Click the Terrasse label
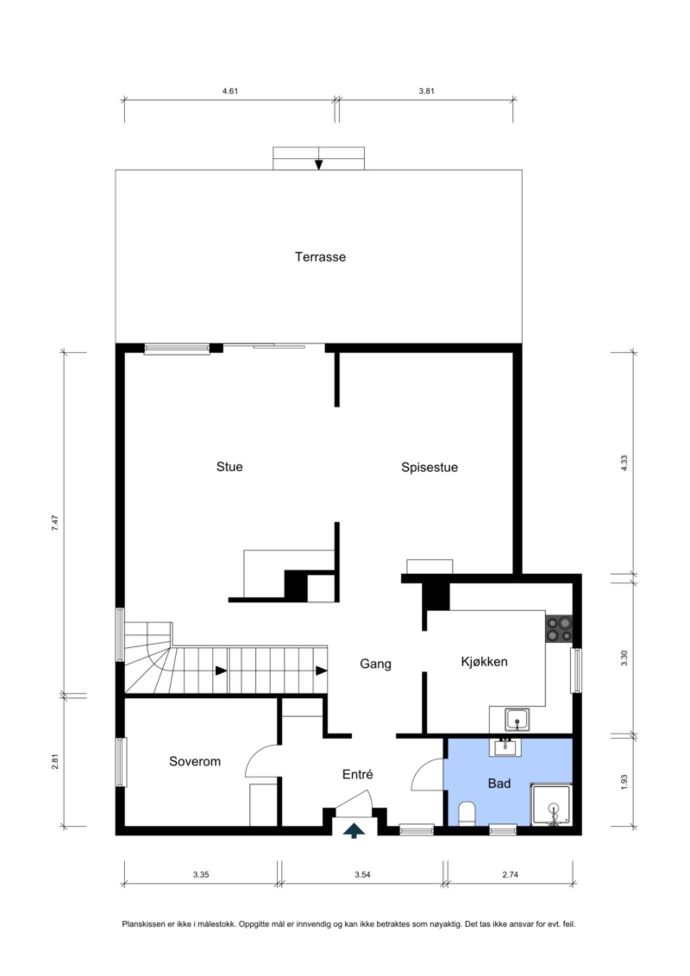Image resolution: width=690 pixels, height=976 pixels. click(320, 256)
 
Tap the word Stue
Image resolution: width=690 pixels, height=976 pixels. click(229, 467)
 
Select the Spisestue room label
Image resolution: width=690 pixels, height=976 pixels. click(429, 467)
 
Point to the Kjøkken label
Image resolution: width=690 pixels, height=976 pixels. click(484, 662)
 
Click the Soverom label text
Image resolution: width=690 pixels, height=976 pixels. click(195, 761)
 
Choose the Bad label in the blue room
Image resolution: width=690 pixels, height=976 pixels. click(499, 783)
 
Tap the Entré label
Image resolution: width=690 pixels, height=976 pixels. click(358, 774)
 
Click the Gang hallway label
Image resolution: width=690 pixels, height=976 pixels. click(376, 664)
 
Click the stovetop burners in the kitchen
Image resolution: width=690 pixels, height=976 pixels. click(559, 629)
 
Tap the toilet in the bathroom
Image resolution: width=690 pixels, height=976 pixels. click(467, 815)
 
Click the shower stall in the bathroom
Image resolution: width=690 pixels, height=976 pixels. click(551, 805)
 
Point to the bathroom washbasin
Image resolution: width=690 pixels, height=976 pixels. click(507, 747)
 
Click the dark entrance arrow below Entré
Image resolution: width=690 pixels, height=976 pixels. click(354, 830)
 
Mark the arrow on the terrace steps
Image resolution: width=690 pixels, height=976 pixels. click(319, 164)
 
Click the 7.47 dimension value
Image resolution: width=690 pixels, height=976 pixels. click(55, 522)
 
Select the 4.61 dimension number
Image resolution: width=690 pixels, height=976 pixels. click(230, 91)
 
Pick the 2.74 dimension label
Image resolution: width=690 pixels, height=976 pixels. click(510, 875)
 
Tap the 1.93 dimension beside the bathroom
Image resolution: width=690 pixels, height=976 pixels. click(624, 781)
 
